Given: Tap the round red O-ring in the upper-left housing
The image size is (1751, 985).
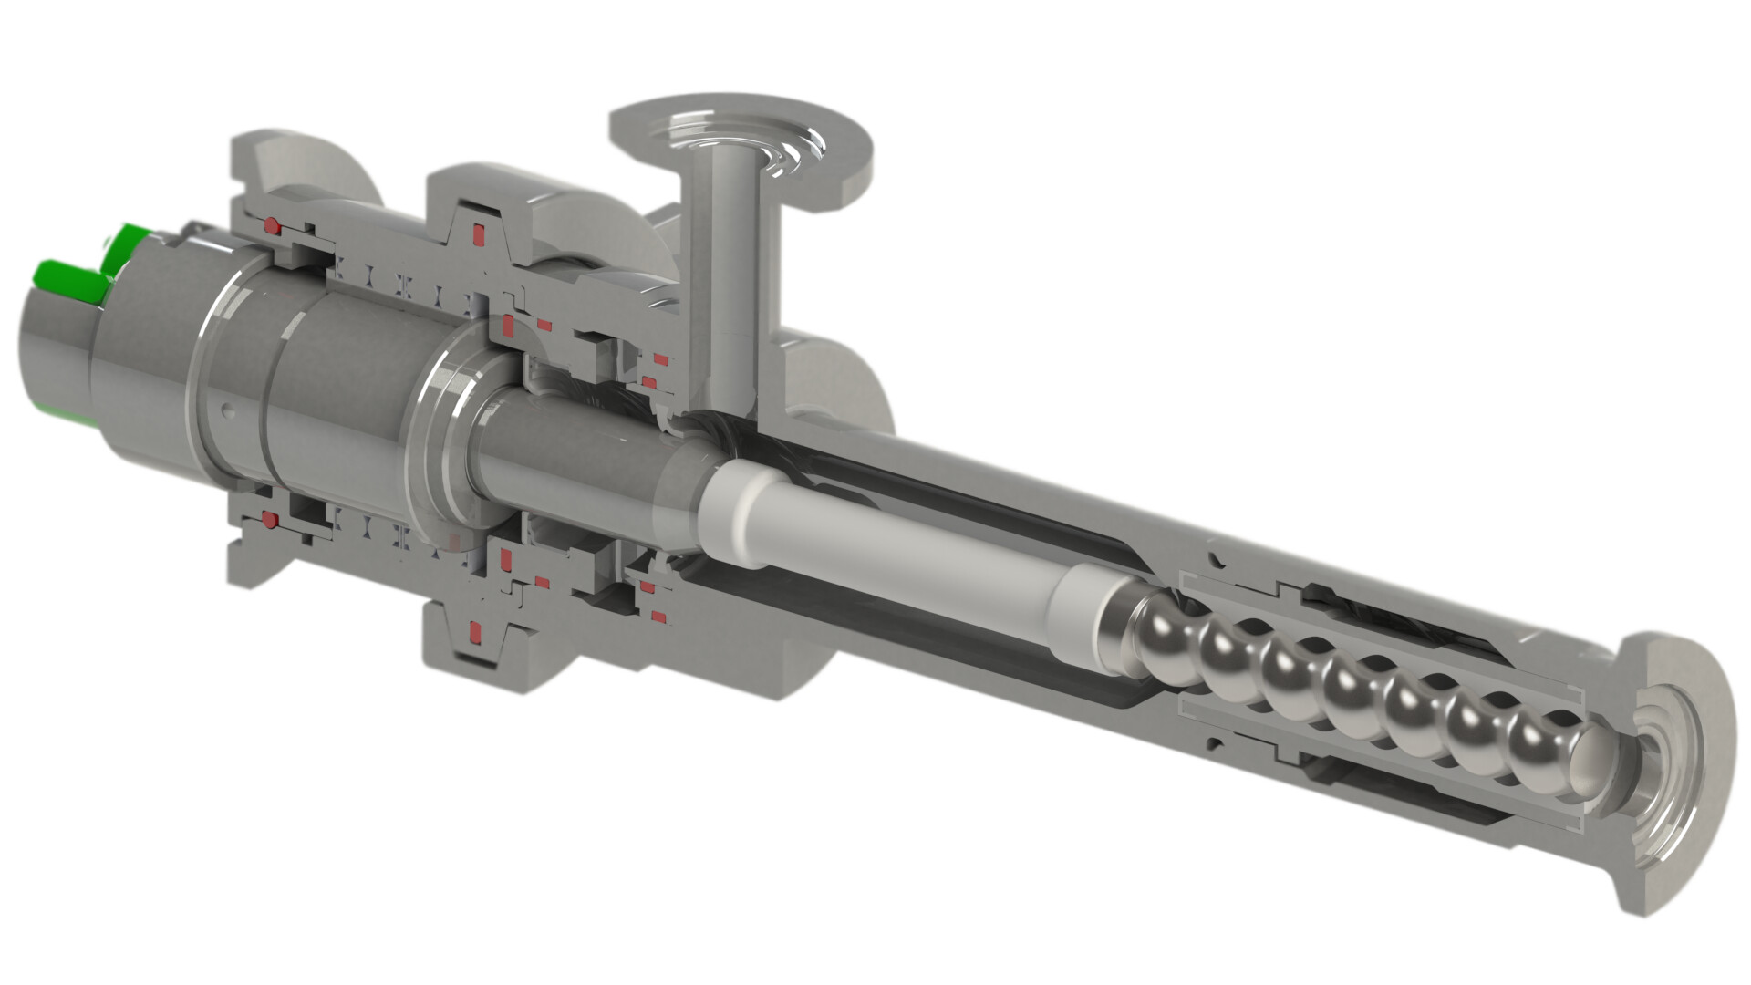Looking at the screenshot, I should (272, 224).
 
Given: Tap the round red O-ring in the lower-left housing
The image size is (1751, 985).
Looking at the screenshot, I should (270, 521).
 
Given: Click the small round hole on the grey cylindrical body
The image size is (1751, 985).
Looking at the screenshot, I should (228, 411).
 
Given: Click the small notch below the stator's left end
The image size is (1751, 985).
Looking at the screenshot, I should (1214, 734).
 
